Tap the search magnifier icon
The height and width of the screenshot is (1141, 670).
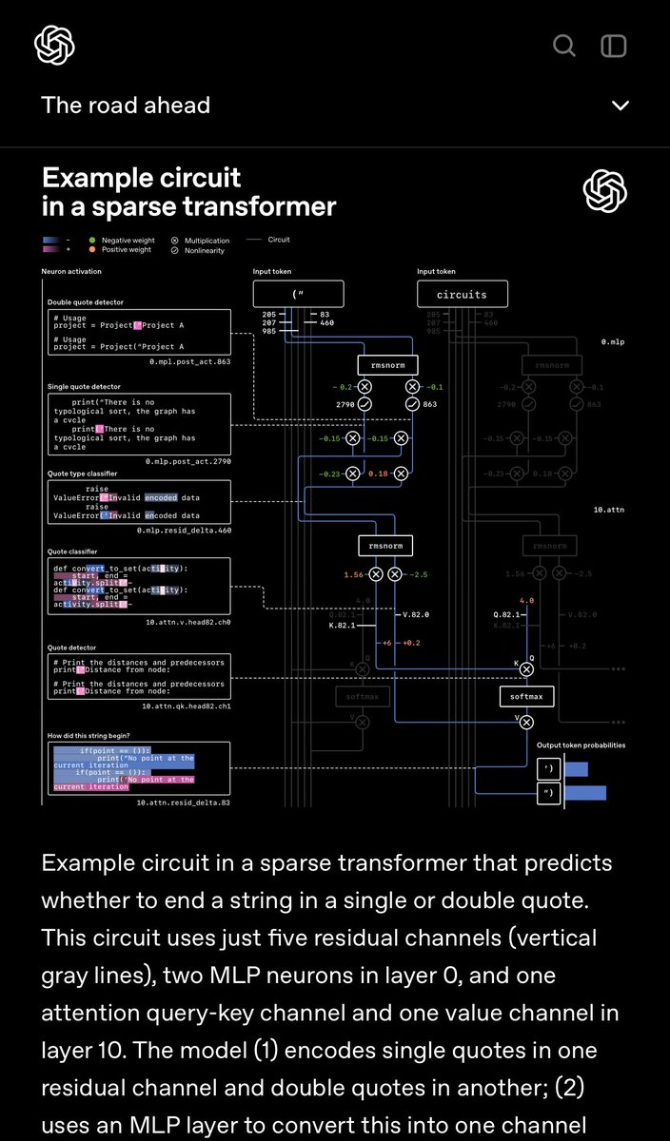tap(564, 46)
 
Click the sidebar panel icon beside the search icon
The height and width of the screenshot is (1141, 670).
tap(614, 46)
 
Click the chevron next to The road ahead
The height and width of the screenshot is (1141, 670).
tap(621, 106)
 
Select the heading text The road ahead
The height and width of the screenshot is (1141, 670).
tap(126, 106)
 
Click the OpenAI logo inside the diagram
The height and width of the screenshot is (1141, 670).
tap(605, 192)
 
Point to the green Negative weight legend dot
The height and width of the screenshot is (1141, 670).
tap(91, 241)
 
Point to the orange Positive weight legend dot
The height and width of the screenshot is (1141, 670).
tap(91, 250)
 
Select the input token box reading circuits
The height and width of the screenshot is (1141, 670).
tap(462, 294)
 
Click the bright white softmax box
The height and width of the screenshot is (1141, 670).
tap(526, 697)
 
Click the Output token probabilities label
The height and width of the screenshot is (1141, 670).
tap(581, 745)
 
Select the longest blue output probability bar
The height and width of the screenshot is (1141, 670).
tap(585, 792)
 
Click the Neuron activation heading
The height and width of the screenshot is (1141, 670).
tap(73, 272)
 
